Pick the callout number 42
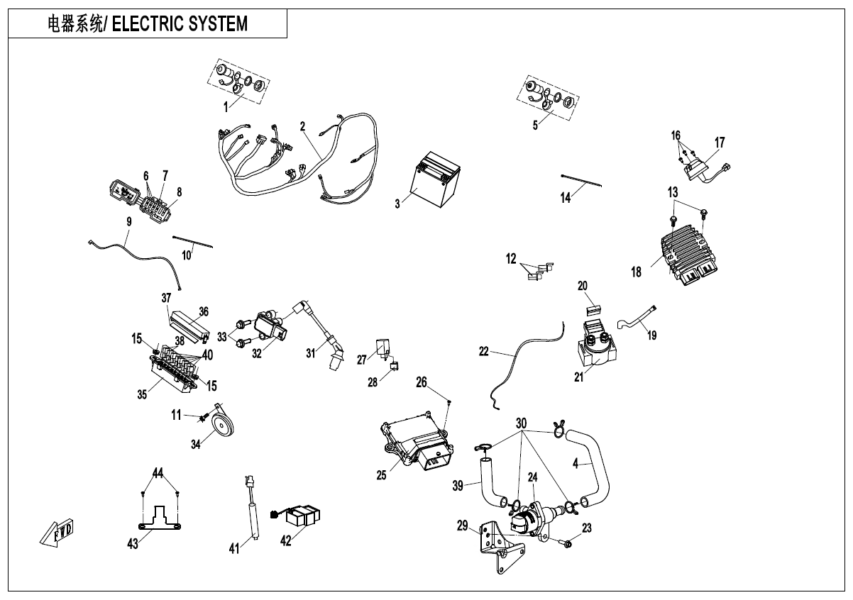(286, 540)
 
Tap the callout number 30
(522, 423)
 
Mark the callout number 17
(720, 143)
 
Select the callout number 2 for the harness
(302, 126)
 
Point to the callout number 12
(511, 260)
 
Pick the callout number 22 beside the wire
(483, 351)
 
